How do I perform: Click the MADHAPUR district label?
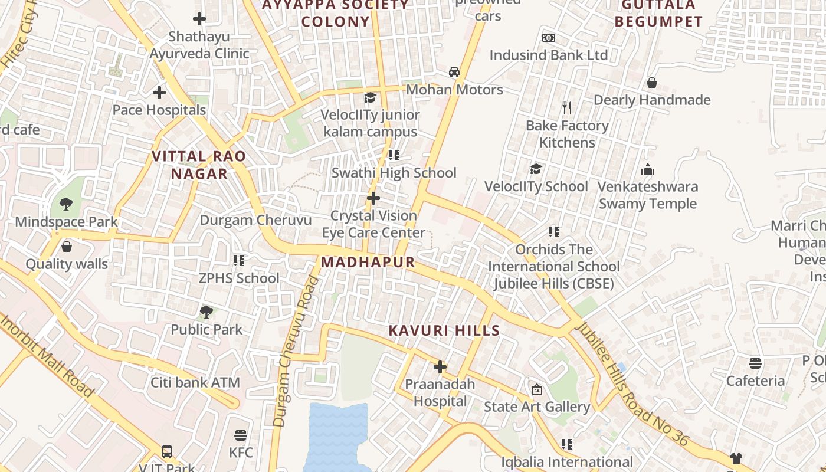click(x=368, y=262)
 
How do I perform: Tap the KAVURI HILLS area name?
click(x=444, y=330)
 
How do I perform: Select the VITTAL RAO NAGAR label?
click(x=199, y=165)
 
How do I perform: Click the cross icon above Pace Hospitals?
click(x=159, y=93)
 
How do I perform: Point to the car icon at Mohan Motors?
click(x=454, y=72)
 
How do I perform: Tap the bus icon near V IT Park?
click(x=167, y=452)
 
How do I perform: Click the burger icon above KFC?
click(x=240, y=435)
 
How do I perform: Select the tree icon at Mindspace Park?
click(x=66, y=204)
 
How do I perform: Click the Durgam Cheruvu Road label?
click(x=297, y=351)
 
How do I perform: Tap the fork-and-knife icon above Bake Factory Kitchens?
click(x=567, y=108)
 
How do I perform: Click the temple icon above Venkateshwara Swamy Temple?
click(x=648, y=170)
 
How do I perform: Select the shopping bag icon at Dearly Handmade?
click(x=652, y=83)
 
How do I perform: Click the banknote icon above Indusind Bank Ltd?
click(x=549, y=38)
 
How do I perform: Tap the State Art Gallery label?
click(x=537, y=407)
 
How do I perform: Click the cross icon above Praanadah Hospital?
click(x=440, y=367)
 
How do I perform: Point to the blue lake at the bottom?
click(x=336, y=437)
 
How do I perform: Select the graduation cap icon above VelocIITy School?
click(x=536, y=169)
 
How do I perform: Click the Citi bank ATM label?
click(x=195, y=382)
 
